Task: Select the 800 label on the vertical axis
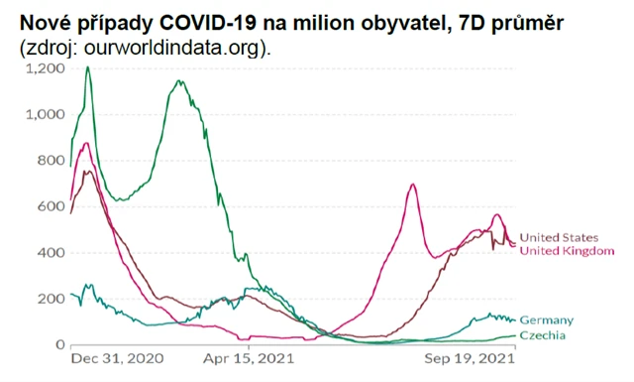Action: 47,161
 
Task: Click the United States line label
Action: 559,237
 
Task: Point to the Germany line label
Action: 547,320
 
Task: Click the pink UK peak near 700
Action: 411,185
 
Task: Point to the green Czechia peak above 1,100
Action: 179,81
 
